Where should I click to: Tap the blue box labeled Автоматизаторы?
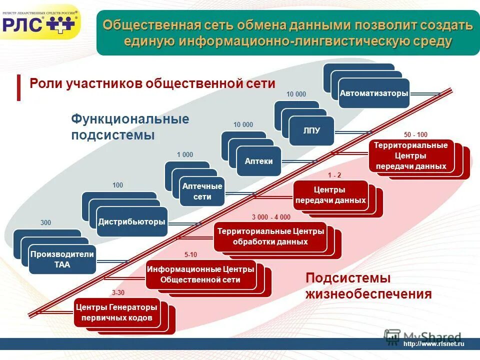pos(374,93)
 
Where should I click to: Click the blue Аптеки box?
pos(259,161)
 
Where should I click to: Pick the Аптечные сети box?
pos(202,191)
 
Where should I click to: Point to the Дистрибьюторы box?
pos(132,221)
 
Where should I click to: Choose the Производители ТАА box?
pos(62,259)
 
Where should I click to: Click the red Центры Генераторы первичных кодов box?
pos(117,312)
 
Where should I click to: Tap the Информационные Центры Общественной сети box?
pos(200,274)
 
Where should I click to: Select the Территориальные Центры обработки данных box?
pos(270,236)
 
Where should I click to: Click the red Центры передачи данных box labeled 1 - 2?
pos(330,195)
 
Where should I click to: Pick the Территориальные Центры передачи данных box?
pos(411,156)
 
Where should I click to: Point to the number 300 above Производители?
pos(45,222)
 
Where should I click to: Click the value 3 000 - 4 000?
pos(271,217)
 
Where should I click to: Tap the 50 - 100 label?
pos(415,135)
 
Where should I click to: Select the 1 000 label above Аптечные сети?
pos(184,155)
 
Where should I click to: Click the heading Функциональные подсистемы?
pos(129,127)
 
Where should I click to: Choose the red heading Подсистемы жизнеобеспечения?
pos(368,286)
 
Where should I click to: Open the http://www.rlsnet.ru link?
pos(433,343)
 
